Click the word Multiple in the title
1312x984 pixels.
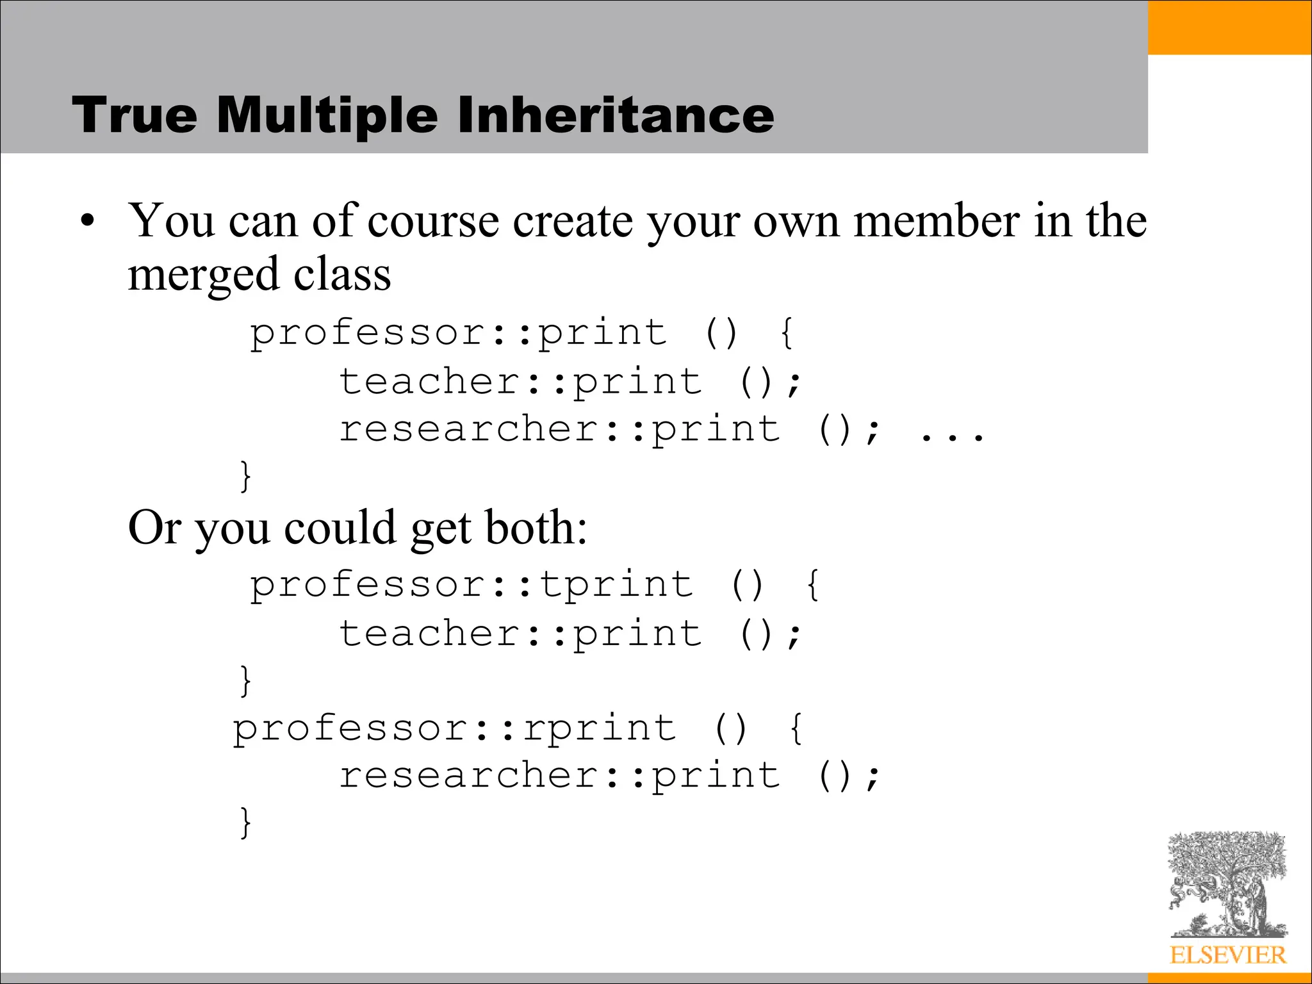tap(327, 115)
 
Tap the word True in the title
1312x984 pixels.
tap(135, 115)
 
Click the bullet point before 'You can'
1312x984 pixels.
tap(88, 222)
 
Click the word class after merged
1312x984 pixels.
tap(342, 274)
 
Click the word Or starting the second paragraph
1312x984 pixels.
tap(154, 528)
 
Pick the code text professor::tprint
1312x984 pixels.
tap(471, 586)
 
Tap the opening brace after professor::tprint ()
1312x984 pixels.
tap(812, 586)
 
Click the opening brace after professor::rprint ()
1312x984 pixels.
tap(796, 729)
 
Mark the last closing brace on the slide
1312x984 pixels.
tap(245, 823)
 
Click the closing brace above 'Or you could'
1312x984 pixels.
tap(245, 475)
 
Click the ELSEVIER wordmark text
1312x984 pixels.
tap(1227, 955)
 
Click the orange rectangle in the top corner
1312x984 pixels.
tap(1229, 27)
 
